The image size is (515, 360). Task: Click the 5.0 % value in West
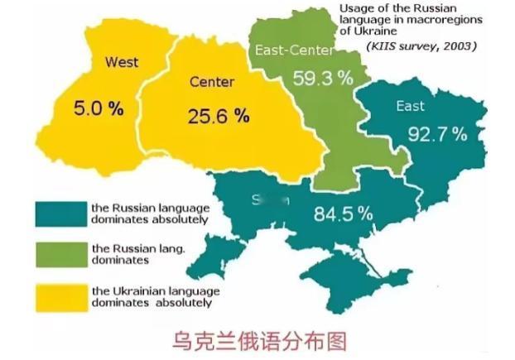(x=98, y=108)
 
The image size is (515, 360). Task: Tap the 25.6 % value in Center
(x=219, y=116)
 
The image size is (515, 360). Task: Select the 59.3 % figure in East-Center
(x=323, y=79)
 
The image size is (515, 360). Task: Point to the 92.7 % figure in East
(x=436, y=133)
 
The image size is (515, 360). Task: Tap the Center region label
(x=211, y=82)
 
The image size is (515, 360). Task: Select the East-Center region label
(x=295, y=50)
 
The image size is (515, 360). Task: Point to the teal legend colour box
(x=60, y=214)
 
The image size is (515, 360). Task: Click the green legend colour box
(x=60, y=253)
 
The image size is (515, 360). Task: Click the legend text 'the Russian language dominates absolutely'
(x=150, y=214)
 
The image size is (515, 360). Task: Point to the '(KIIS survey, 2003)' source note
(x=421, y=46)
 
